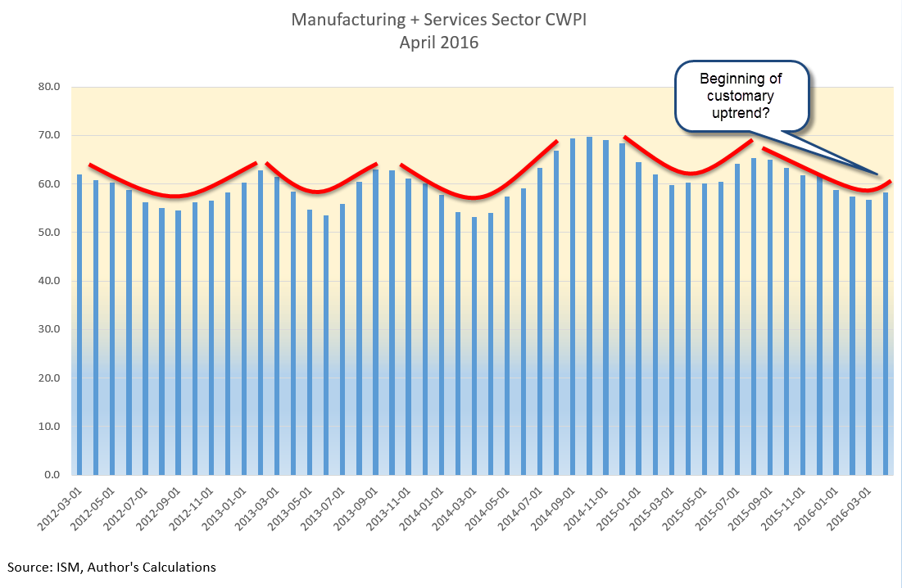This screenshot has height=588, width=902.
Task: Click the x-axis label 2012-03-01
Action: (61, 508)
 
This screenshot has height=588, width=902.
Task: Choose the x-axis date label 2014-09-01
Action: (555, 508)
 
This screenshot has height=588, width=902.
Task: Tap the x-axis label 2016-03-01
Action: (852, 508)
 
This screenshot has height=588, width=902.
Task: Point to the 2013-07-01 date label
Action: (325, 508)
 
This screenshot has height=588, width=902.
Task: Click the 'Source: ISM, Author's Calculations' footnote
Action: (112, 567)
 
